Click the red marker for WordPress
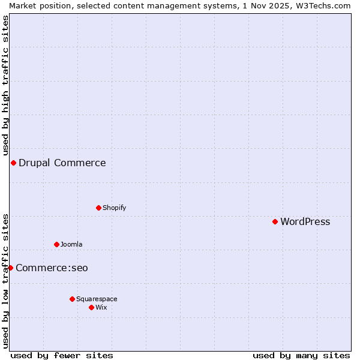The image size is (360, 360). (x=275, y=221)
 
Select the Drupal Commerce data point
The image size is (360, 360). (x=13, y=163)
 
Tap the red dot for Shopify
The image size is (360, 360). (x=98, y=208)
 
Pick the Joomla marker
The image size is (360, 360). (x=56, y=244)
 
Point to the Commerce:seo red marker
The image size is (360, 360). (x=10, y=268)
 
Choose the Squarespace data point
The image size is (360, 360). (x=72, y=299)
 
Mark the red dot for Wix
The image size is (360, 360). (x=91, y=307)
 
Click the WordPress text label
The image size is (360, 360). (x=305, y=222)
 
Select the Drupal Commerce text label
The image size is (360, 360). (x=62, y=163)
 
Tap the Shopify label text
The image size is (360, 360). (x=114, y=208)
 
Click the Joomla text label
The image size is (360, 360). (x=71, y=245)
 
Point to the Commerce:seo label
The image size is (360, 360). (x=52, y=268)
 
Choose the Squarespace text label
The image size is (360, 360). (x=97, y=299)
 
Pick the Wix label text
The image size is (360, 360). (x=101, y=308)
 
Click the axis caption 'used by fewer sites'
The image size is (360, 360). (x=62, y=355)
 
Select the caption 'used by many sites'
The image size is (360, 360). (x=301, y=355)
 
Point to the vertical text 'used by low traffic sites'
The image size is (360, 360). (x=5, y=281)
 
